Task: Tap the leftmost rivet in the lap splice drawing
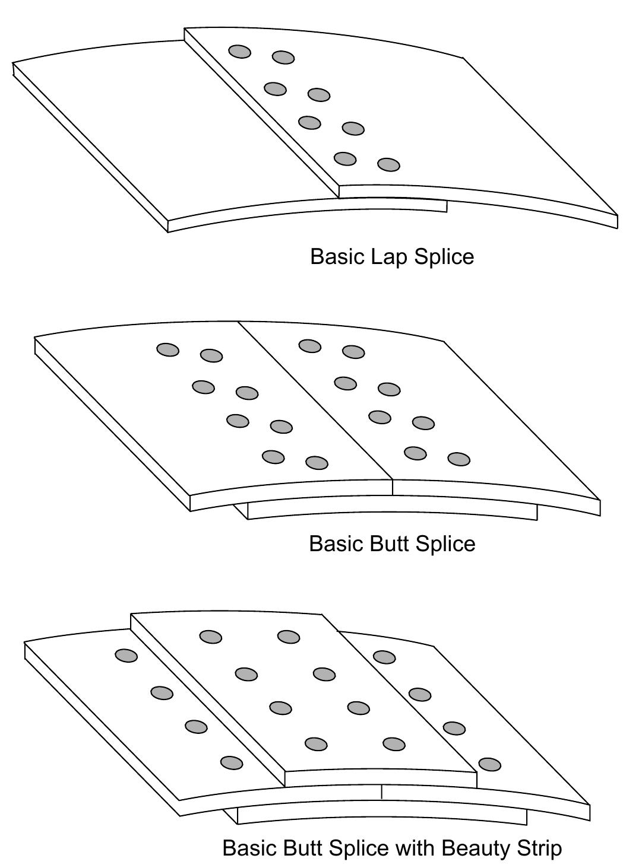click(240, 52)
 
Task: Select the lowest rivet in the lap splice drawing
click(388, 164)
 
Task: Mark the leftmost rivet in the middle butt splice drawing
click(168, 349)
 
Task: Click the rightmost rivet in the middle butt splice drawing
click(458, 459)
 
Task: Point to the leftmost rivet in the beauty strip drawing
click(126, 656)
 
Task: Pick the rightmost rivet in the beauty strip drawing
click(489, 764)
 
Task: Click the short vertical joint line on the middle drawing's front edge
click(393, 487)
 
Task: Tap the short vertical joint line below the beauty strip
click(381, 791)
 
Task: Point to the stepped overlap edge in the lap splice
click(261, 113)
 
